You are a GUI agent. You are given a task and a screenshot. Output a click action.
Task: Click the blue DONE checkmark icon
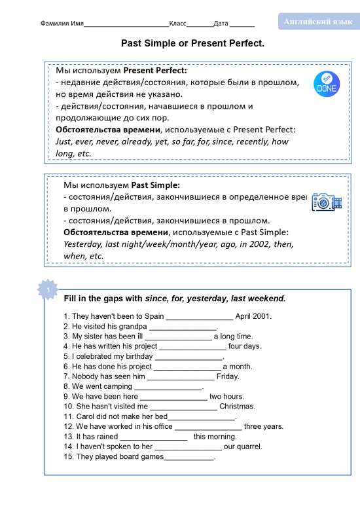coord(327,82)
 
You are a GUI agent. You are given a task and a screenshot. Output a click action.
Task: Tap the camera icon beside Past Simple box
coord(326,202)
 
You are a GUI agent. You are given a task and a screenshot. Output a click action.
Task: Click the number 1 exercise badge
coord(48,289)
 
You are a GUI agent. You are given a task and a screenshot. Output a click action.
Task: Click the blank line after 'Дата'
coord(242,24)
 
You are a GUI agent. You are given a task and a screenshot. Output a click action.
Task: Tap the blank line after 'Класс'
coord(200,24)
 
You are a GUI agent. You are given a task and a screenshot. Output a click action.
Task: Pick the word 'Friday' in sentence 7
coord(228,377)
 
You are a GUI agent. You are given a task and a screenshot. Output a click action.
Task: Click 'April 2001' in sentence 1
coord(253,316)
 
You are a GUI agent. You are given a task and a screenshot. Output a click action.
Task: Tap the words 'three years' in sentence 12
coord(264,426)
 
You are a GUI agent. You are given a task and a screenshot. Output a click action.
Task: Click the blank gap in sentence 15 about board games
coord(189,458)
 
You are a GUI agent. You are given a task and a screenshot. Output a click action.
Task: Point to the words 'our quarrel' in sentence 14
coord(243,446)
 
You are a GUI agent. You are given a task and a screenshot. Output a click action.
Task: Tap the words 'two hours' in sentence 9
coord(226,397)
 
